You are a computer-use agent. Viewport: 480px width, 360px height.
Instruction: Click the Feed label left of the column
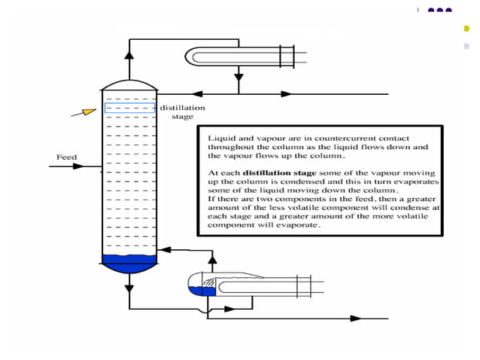point(66,157)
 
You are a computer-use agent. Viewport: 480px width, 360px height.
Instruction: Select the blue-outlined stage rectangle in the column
point(129,108)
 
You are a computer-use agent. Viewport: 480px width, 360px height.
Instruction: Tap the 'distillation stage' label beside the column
point(181,112)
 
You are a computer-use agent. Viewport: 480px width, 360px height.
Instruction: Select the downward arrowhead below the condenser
point(238,77)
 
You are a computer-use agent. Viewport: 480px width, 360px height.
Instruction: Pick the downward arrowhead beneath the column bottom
point(129,287)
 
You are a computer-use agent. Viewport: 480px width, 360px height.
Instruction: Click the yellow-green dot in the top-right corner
point(467,29)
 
